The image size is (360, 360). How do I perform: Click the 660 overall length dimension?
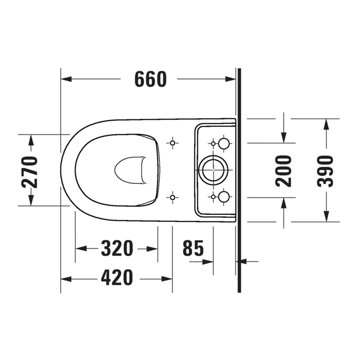(x=150, y=79)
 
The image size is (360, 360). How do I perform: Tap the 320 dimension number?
(x=117, y=249)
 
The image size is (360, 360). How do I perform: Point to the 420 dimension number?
(x=117, y=278)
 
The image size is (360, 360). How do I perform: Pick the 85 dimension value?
(x=193, y=249)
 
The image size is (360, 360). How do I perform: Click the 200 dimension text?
(x=283, y=171)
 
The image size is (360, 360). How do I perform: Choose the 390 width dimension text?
(x=326, y=171)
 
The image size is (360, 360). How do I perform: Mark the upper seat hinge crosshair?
(x=172, y=143)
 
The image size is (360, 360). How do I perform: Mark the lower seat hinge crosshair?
(x=172, y=197)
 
